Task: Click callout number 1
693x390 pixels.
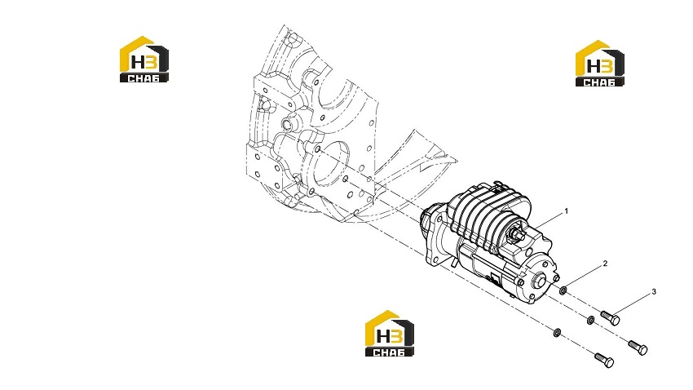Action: point(566,211)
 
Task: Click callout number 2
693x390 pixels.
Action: point(605,264)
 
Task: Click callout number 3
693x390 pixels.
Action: point(654,292)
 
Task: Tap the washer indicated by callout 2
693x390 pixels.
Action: point(563,291)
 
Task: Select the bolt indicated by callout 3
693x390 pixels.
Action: point(611,318)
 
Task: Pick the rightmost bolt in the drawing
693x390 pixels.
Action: point(638,347)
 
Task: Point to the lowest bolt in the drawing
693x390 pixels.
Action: point(604,360)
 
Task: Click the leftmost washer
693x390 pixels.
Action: point(558,332)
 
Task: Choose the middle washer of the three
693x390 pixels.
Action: point(590,319)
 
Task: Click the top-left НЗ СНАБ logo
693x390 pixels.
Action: point(144,60)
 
